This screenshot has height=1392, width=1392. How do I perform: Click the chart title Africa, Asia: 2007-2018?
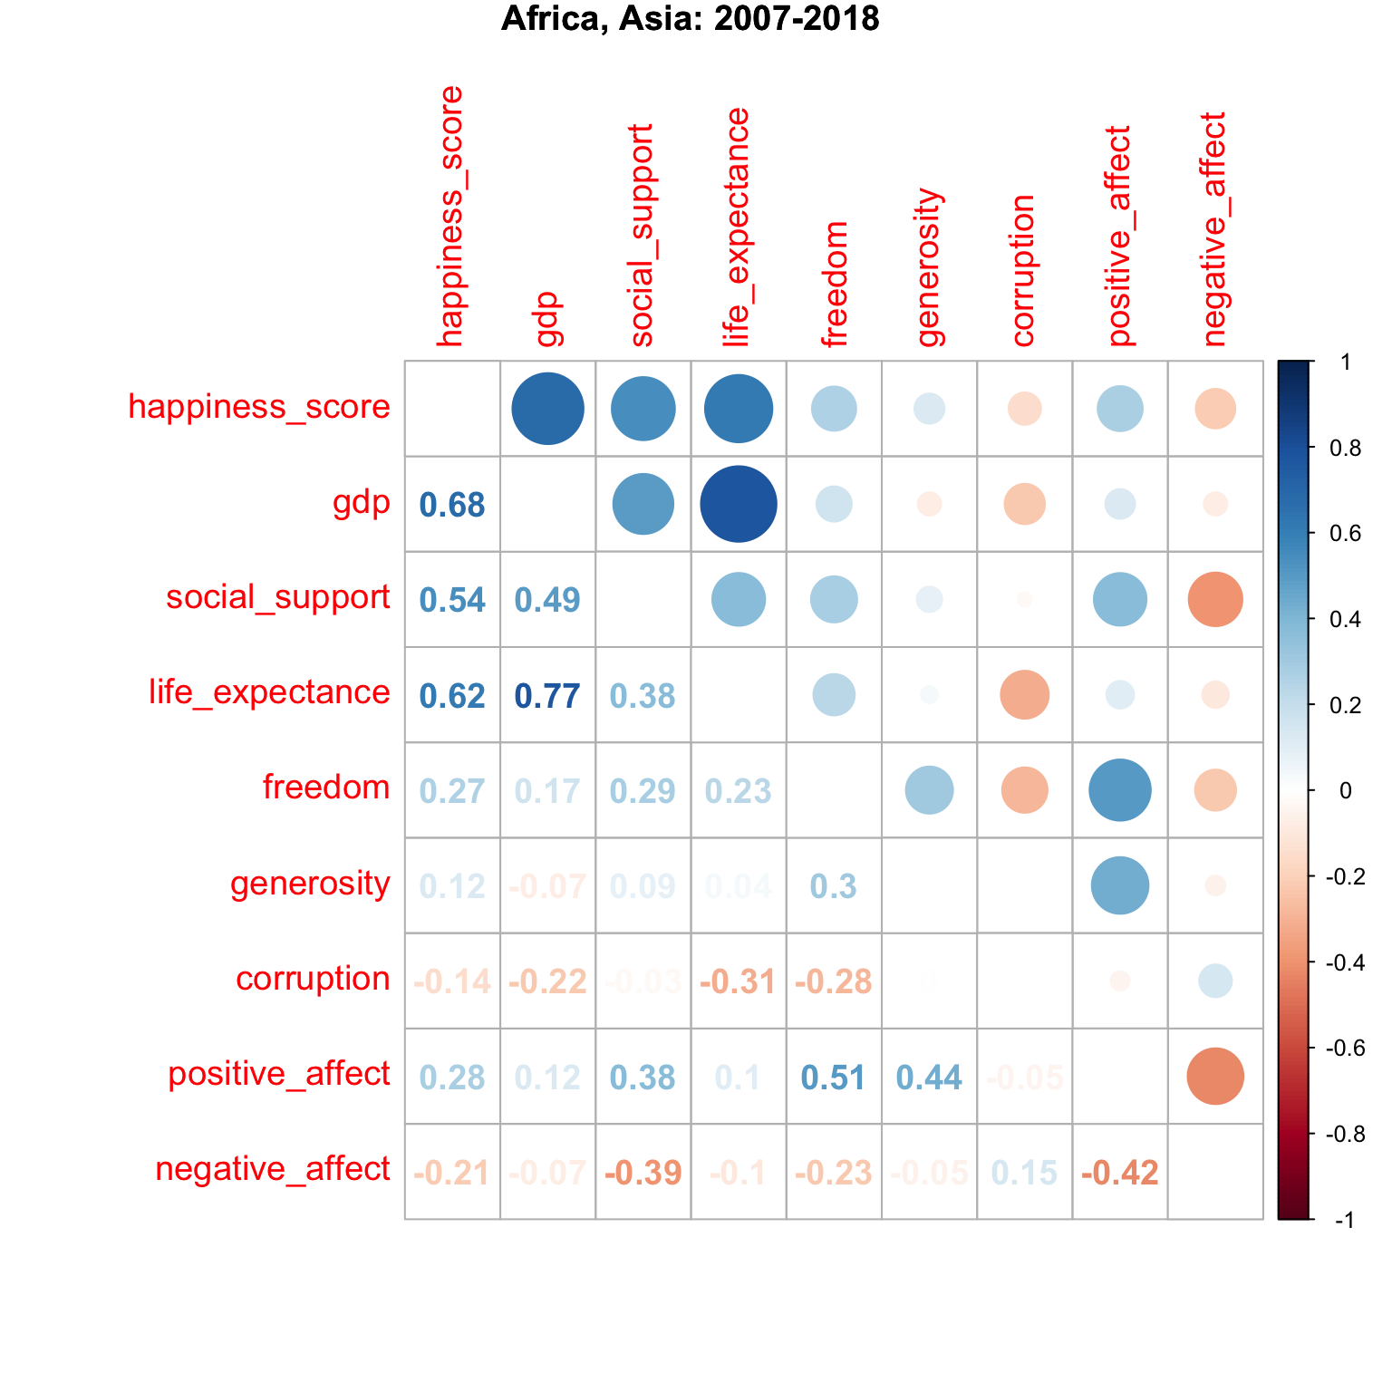690,18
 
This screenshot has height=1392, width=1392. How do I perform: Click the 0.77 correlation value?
547,696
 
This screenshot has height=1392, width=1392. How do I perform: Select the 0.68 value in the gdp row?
452,505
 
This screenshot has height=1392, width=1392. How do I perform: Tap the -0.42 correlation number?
1120,1173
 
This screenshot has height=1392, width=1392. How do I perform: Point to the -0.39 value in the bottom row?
643,1173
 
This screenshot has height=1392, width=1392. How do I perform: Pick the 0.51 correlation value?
834,1078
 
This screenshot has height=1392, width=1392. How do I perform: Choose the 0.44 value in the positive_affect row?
929,1078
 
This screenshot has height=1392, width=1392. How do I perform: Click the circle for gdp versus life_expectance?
739,504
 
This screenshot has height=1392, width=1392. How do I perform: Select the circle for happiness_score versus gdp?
547,409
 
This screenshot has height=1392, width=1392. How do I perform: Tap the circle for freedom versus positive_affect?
1120,790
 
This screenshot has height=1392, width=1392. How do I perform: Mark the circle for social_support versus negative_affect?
1215,599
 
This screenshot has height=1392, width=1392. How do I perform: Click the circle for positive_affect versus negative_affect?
1215,1077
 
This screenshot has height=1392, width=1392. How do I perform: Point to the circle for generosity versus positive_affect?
1120,885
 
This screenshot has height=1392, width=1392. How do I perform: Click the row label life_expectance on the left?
269,692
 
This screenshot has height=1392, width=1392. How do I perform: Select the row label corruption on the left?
313,979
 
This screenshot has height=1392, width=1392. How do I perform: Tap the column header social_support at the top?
642,236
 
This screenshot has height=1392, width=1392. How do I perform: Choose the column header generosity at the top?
930,268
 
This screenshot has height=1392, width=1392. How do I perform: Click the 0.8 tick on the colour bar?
1344,448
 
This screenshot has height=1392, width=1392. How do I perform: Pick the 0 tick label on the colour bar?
1345,791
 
